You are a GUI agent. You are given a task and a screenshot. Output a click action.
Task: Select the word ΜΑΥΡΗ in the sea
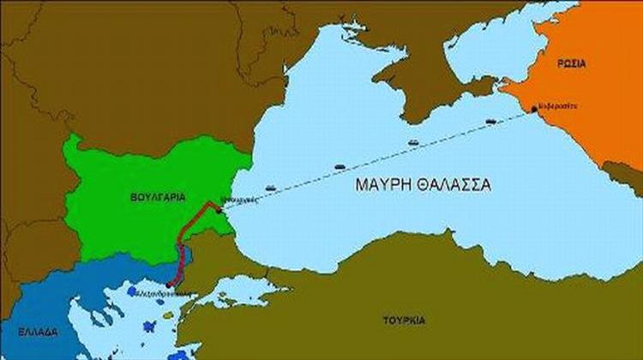point(382,183)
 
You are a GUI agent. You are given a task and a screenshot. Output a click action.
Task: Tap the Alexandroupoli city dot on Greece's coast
point(171,285)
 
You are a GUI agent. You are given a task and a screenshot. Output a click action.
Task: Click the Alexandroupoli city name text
point(177,294)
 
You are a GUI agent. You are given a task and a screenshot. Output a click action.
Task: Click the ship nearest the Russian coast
point(490,121)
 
